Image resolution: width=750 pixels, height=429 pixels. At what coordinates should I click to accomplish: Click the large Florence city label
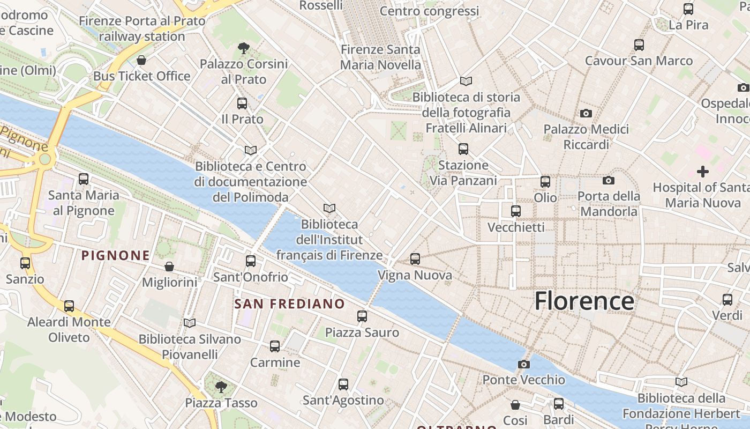(584, 301)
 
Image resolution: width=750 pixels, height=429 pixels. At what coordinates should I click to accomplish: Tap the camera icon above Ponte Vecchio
(524, 365)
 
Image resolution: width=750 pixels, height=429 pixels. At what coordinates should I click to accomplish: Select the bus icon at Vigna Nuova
(415, 260)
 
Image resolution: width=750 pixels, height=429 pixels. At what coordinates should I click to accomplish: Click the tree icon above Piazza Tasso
(221, 387)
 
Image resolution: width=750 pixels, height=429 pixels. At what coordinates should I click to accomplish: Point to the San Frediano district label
(290, 304)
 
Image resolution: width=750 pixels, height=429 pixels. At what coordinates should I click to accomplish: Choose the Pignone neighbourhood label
(115, 256)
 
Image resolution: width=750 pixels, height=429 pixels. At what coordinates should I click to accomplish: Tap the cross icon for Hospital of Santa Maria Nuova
(703, 172)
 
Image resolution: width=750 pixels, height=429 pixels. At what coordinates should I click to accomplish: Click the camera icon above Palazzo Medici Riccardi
(586, 114)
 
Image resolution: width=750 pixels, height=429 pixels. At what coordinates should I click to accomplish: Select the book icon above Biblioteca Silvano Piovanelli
(190, 323)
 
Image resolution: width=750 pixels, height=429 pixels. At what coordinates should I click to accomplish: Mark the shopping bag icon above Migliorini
(169, 267)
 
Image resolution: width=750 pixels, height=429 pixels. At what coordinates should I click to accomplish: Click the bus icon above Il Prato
(242, 103)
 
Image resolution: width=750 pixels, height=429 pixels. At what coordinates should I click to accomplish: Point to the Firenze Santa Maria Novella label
(381, 57)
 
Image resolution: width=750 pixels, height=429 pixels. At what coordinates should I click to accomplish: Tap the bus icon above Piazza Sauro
(362, 316)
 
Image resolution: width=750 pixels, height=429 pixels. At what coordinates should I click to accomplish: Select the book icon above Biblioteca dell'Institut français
(329, 208)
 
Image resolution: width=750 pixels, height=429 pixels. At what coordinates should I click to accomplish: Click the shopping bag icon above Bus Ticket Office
(141, 60)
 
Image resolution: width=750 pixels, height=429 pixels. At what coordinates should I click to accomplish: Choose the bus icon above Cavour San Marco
(639, 45)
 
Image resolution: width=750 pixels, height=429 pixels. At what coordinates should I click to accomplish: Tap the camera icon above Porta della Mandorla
(609, 181)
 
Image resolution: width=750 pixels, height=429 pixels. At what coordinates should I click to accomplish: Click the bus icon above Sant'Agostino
(343, 384)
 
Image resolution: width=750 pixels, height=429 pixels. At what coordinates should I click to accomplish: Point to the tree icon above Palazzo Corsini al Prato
(244, 48)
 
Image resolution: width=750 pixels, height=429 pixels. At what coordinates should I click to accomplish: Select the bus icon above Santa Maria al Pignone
(84, 179)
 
